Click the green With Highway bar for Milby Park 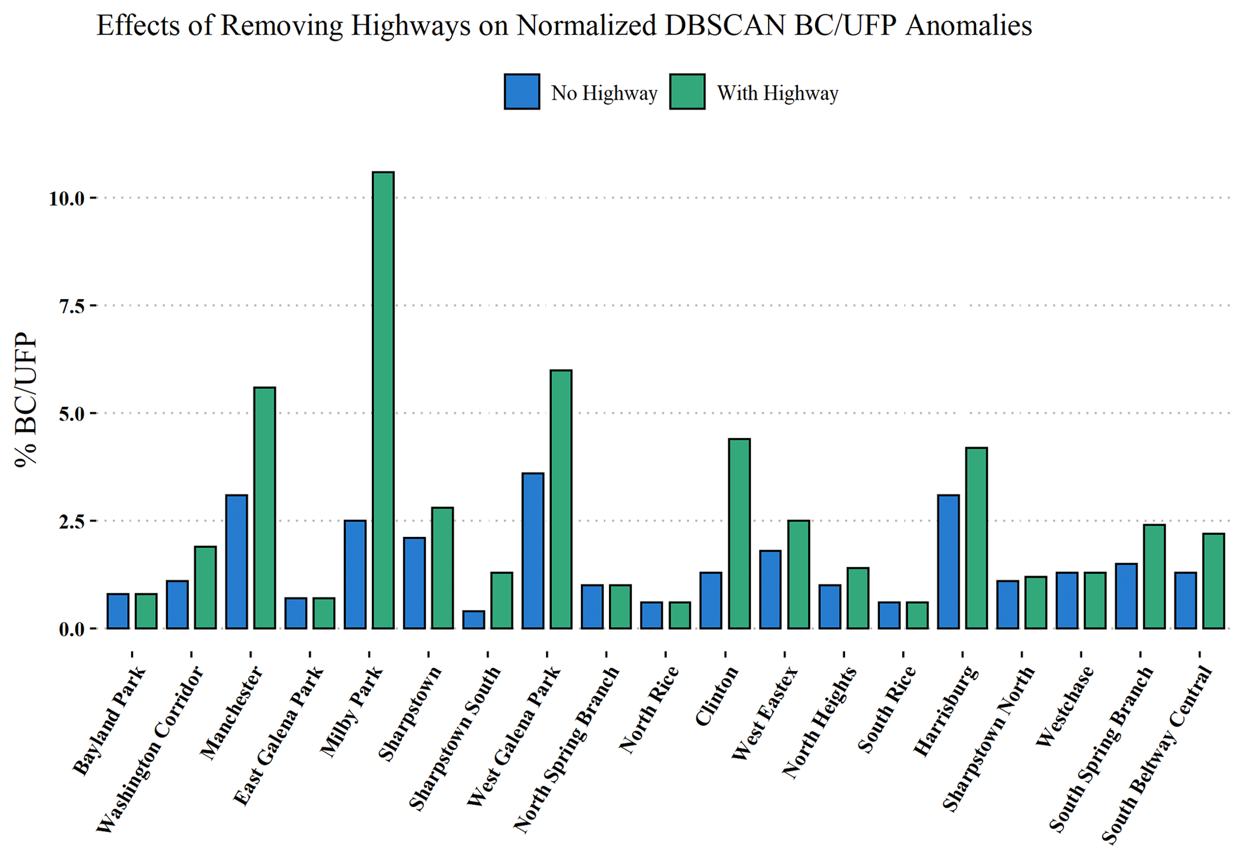click(x=383, y=400)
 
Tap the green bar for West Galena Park click(x=561, y=500)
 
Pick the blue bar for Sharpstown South click(x=473, y=620)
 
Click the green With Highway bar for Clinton click(x=739, y=534)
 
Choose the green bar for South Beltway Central click(x=1213, y=581)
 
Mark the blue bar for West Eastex click(x=770, y=590)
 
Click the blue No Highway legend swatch click(x=522, y=92)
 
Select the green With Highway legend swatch click(x=687, y=92)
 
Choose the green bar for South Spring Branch click(x=1154, y=577)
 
